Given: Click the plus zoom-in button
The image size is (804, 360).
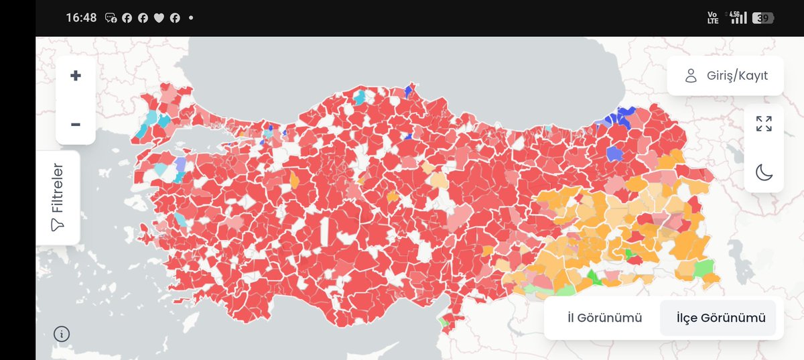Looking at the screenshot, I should tap(75, 76).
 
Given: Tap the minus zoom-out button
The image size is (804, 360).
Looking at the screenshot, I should tap(75, 124).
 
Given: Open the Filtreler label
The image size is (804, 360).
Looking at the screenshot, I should tap(58, 188).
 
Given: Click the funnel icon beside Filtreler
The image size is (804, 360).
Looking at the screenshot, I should tap(58, 226).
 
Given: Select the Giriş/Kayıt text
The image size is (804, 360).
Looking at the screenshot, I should tap(737, 76).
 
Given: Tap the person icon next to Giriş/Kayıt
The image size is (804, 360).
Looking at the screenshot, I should tap(691, 76).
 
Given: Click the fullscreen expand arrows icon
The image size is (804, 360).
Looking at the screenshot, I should tap(764, 124).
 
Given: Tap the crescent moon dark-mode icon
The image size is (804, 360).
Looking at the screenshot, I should tap(764, 172).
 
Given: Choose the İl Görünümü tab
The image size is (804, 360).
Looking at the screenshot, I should tap(604, 318).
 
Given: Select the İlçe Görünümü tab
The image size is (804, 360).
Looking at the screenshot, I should tap(720, 318).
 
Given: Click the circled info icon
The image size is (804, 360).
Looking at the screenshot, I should tap(61, 333).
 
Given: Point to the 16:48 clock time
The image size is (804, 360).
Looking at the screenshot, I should tap(81, 18).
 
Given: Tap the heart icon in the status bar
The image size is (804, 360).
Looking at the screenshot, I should tap(159, 18).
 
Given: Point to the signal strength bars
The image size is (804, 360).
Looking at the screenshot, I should tap(738, 17).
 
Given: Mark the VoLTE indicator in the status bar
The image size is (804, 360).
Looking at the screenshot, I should tap(713, 18).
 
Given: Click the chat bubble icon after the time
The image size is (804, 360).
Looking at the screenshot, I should tap(111, 18).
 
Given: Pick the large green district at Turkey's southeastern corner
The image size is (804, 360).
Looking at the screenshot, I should tap(704, 269).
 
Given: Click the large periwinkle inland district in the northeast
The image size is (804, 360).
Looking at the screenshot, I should tap(614, 154).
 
